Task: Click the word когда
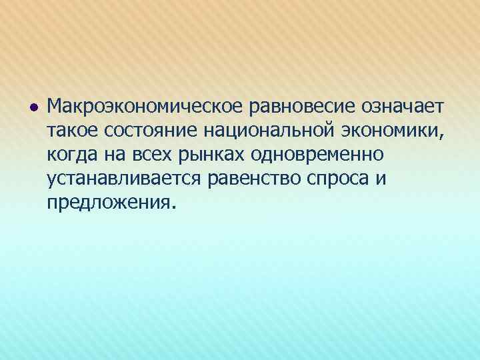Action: point(72,155)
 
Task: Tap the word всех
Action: point(151,155)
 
